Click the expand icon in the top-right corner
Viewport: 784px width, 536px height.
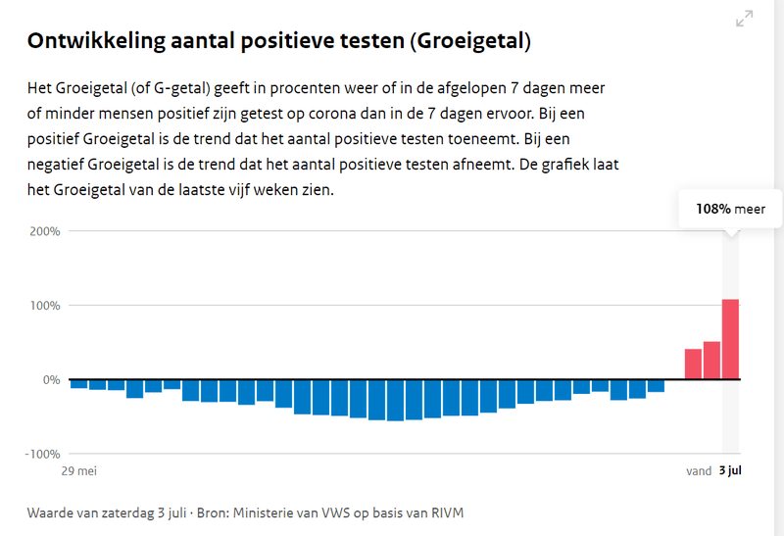744,19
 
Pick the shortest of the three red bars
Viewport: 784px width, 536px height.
693,364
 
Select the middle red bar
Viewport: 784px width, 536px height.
711,360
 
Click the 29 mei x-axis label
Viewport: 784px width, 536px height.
80,471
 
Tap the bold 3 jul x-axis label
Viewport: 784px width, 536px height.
731,471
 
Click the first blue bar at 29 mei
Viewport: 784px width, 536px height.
79,383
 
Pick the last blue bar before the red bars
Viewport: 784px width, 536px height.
656,385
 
